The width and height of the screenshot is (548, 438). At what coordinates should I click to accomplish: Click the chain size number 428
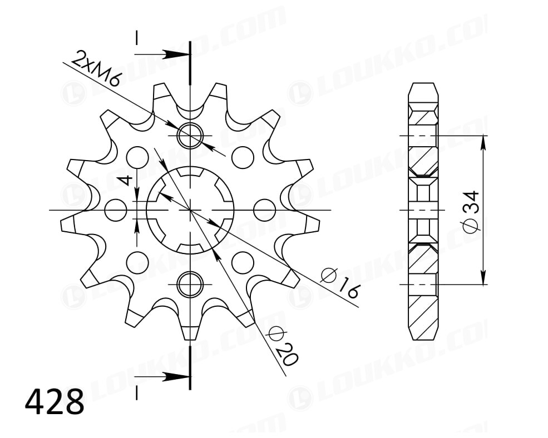click(x=55, y=401)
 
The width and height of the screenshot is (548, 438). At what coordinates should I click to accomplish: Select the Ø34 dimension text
click(x=471, y=211)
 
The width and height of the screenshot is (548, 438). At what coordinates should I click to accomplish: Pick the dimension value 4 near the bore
click(x=125, y=180)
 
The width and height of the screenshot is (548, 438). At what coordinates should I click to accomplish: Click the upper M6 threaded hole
click(x=190, y=135)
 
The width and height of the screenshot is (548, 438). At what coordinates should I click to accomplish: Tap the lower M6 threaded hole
click(x=190, y=285)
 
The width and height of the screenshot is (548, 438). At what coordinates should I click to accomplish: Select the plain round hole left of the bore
click(x=116, y=210)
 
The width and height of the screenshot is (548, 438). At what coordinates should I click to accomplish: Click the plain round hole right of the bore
click(x=265, y=210)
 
